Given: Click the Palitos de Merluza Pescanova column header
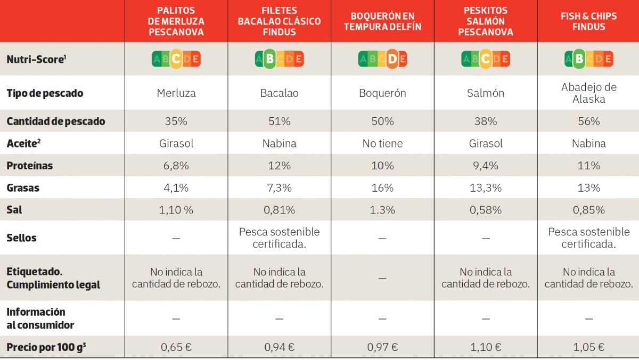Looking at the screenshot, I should point(176,21).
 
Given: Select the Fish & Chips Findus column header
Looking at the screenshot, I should point(588,21).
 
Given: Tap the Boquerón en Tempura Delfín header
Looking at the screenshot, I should point(382,21).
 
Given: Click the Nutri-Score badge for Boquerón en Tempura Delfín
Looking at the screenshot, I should point(382,59).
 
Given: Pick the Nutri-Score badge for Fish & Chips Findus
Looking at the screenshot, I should point(588,59).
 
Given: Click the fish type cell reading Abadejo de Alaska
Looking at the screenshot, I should point(588,93).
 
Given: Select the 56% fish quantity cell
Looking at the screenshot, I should point(588,121).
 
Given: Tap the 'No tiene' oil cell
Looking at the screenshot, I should point(382,143).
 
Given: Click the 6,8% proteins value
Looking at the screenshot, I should point(176,166).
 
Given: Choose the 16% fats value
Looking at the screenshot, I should point(382,188).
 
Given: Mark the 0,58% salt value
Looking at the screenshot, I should point(486,210).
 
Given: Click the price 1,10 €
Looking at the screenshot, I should point(486,347).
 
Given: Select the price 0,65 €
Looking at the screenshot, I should point(176,347).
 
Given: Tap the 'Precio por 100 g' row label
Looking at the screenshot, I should point(46,347).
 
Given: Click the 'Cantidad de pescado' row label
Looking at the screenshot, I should point(55,121).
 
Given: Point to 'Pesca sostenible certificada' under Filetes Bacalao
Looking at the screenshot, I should point(279,238).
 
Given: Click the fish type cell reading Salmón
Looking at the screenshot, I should point(486,93).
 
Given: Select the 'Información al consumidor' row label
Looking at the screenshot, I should point(40,318).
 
